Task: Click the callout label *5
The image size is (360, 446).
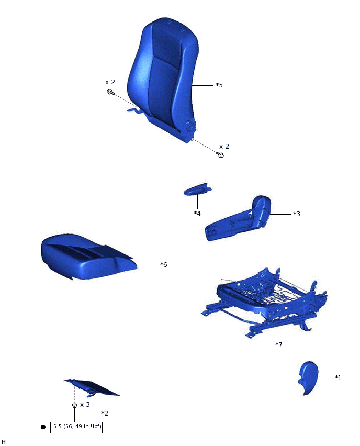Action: (219, 85)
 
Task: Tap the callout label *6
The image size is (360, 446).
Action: (164, 265)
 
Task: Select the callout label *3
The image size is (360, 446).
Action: (296, 214)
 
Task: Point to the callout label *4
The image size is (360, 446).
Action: (197, 213)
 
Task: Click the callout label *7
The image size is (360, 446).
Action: (279, 344)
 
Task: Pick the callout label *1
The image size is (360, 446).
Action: (338, 377)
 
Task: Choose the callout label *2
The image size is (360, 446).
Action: (105, 413)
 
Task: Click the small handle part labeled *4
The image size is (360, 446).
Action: (197, 191)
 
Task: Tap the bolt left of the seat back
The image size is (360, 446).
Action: (111, 92)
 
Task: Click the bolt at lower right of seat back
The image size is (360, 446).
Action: (221, 155)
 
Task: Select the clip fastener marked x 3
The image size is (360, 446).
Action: (75, 406)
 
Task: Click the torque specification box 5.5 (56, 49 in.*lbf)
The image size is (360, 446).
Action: (77, 427)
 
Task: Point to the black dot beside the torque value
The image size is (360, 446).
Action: (43, 427)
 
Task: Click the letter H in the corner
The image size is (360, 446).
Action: (4, 442)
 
